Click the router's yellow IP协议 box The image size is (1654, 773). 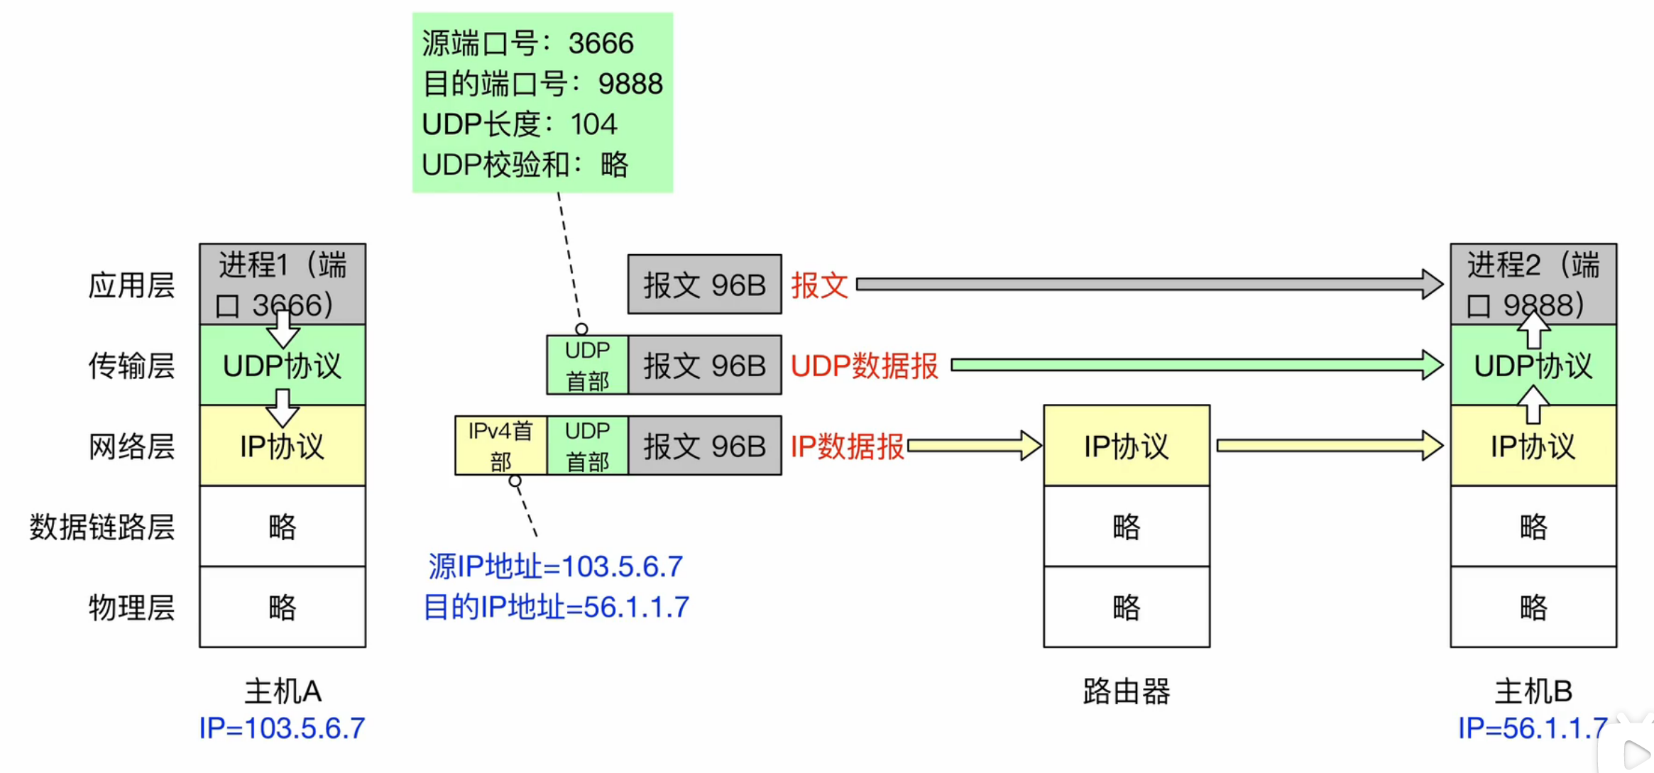pos(1126,446)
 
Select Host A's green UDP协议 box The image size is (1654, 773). pos(282,366)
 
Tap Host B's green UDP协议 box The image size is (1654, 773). pos(1533,366)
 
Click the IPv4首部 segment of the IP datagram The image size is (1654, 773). pos(500,446)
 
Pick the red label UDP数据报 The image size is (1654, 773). pos(864,366)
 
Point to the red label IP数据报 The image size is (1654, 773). pos(847,446)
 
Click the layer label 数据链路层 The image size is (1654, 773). pos(102,527)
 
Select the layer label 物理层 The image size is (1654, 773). pos(131,608)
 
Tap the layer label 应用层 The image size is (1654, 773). pos(131,285)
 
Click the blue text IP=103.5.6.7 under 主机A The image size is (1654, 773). pos(282,728)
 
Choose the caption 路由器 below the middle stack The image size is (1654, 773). pos(1126,691)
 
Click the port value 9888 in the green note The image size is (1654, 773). pos(630,84)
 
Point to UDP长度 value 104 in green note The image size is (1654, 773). pos(593,124)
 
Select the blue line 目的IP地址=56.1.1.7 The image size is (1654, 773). pos(556,607)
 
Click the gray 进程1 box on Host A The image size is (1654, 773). pos(282,284)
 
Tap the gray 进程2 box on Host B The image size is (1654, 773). pos(1533,284)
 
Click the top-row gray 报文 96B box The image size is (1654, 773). pos(704,285)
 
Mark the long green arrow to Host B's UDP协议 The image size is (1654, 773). pos(1193,366)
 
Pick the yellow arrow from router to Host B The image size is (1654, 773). pos(1327,446)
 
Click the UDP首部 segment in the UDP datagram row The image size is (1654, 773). pos(587,366)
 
